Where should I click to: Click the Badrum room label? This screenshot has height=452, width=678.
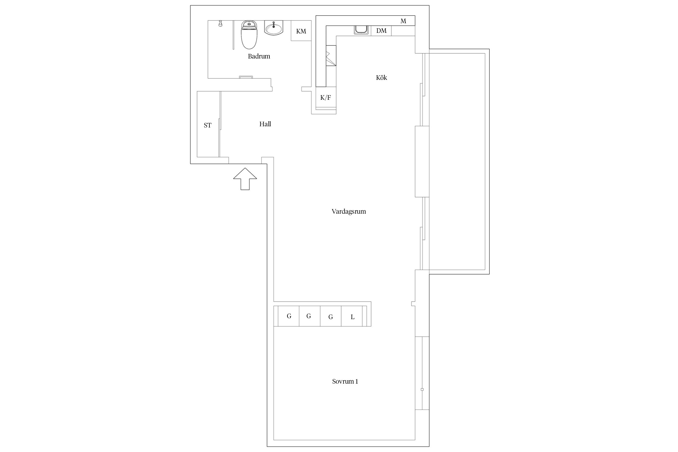(x=259, y=56)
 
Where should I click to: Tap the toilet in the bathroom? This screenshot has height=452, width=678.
(x=249, y=35)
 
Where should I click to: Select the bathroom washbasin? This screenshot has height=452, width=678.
(x=274, y=28)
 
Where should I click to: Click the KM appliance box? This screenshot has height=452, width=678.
(x=301, y=31)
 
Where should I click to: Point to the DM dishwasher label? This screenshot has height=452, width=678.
(x=381, y=31)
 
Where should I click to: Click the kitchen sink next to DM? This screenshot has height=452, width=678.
(x=361, y=30)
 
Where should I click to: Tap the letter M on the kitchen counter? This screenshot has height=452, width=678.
(x=403, y=21)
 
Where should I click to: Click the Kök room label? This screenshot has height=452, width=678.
(x=381, y=77)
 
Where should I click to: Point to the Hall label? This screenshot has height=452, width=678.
(x=265, y=124)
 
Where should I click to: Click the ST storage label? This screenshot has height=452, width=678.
(x=208, y=125)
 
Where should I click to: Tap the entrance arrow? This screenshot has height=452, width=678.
(x=245, y=179)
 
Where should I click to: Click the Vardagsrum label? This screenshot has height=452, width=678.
(x=349, y=212)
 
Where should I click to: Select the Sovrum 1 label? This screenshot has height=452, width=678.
(x=345, y=381)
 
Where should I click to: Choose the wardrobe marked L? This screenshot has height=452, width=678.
(x=352, y=316)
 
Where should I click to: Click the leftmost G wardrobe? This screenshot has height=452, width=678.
(x=289, y=316)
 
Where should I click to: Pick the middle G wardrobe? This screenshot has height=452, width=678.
(x=310, y=316)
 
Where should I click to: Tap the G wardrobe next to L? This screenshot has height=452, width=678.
(x=331, y=316)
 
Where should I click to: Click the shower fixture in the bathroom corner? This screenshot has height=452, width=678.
(x=220, y=24)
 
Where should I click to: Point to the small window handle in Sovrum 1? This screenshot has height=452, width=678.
(x=422, y=390)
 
